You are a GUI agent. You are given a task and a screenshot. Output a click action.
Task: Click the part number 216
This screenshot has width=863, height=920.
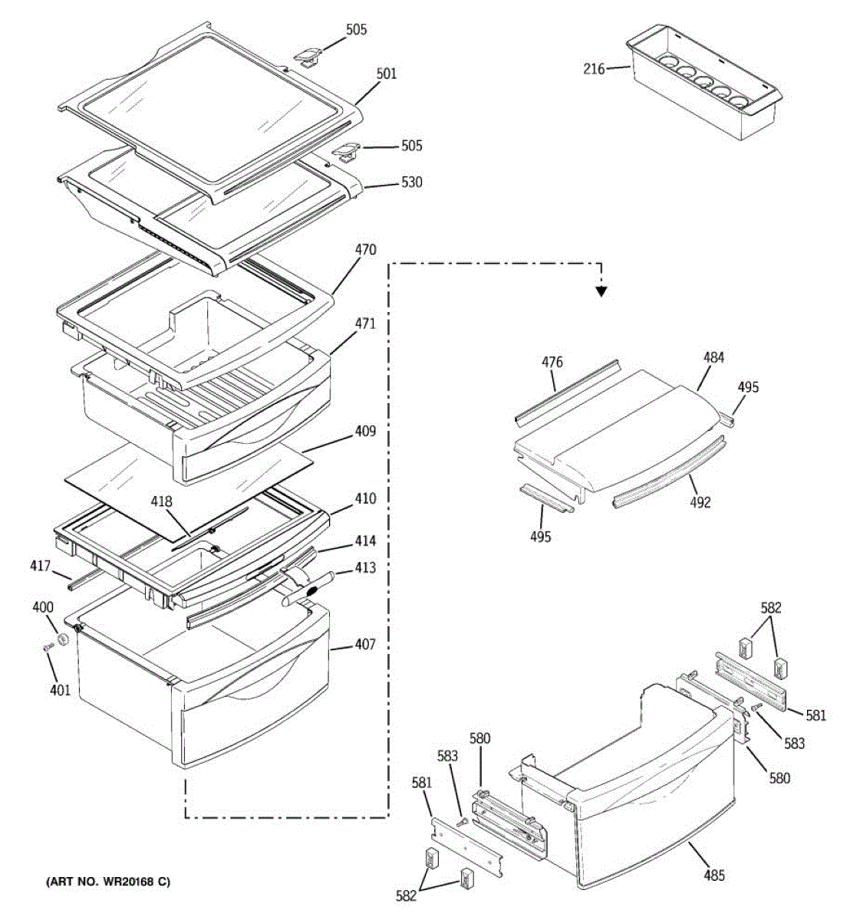(594, 69)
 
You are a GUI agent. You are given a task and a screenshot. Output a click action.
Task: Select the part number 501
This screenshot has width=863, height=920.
(387, 74)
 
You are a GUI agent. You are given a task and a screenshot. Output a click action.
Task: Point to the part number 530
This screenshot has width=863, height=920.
(411, 182)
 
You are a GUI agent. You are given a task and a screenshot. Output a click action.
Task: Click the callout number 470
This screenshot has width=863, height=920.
(365, 250)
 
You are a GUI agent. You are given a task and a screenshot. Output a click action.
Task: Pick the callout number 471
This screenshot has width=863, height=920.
(365, 324)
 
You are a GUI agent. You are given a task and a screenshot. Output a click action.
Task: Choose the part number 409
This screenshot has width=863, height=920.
(365, 432)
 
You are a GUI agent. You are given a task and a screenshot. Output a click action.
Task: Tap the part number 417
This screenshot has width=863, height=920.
(40, 567)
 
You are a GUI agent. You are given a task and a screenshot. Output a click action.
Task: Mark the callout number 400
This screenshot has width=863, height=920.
(43, 608)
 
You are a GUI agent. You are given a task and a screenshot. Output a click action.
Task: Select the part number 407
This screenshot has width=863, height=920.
(365, 645)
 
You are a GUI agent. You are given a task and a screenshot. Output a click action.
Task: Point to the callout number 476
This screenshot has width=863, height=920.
(552, 362)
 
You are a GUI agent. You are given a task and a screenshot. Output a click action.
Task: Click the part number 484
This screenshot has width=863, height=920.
(713, 357)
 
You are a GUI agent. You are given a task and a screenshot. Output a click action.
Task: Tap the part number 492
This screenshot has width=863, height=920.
(700, 503)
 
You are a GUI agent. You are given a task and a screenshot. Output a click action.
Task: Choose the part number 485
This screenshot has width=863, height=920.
(713, 876)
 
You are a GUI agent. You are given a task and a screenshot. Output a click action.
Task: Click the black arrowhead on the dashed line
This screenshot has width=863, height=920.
(602, 291)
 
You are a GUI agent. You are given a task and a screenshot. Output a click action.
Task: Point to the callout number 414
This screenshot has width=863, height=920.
(365, 542)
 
